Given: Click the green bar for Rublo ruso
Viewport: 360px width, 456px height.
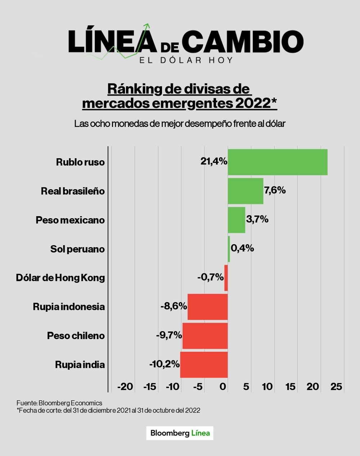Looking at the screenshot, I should click(x=277, y=162).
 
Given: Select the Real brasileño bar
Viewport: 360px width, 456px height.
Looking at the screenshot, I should click(x=245, y=191).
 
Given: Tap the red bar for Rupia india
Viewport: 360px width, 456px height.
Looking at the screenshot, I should click(x=204, y=365).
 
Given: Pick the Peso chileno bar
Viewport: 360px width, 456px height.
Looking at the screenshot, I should click(x=205, y=336).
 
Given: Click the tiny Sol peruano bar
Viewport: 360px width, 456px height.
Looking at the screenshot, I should click(x=229, y=249).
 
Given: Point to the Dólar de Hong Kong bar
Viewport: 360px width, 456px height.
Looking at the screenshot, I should click(x=226, y=278).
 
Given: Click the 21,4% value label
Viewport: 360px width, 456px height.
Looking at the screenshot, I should click(x=214, y=161).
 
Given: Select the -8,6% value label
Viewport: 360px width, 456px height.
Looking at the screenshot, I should click(x=174, y=306).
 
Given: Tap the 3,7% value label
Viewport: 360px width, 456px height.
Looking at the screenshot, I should click(x=257, y=219).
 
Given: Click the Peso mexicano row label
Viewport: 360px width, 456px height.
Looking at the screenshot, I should click(x=70, y=220).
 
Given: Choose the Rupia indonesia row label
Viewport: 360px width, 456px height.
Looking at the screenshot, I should click(x=69, y=307).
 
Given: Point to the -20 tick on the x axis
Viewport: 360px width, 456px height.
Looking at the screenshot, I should click(x=125, y=387).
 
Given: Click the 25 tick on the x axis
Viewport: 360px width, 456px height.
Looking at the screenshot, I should click(x=336, y=387).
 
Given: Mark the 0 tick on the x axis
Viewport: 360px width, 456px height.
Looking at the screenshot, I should click(x=223, y=387).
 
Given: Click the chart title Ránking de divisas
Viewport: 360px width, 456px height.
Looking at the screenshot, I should click(x=180, y=96).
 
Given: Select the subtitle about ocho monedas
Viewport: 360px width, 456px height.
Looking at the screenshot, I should click(x=180, y=124).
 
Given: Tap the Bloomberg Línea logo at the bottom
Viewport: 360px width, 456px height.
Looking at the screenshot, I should click(x=180, y=433).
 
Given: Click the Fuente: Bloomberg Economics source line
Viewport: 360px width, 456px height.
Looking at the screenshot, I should click(x=59, y=403).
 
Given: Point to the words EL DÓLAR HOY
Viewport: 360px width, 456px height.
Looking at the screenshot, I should click(x=186, y=60).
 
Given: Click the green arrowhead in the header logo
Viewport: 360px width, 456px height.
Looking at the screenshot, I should click(x=147, y=26).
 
